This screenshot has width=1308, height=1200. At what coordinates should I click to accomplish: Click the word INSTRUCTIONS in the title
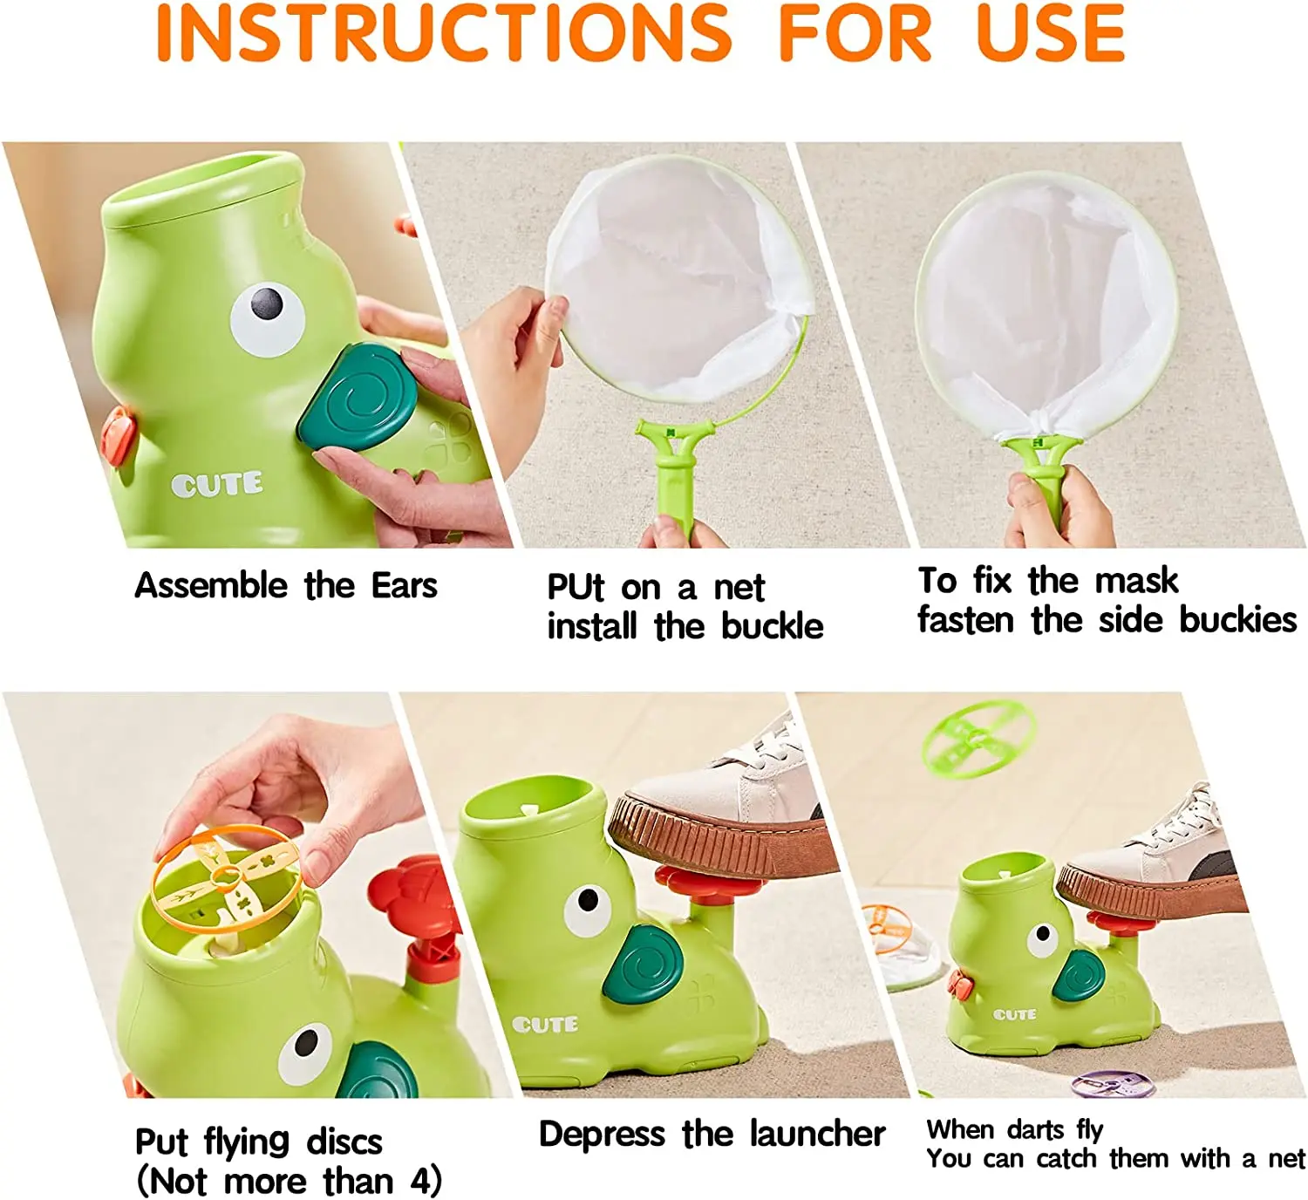[444, 33]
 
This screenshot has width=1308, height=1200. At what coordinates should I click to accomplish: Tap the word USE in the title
[1050, 33]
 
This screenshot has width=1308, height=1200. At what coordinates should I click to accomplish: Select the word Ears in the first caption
[404, 585]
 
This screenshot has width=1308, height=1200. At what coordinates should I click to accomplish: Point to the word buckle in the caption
[772, 626]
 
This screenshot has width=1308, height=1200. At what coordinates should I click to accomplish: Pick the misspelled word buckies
[1238, 620]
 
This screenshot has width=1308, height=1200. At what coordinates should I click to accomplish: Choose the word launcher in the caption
[817, 1134]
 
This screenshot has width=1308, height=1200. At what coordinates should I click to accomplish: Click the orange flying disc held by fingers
[227, 877]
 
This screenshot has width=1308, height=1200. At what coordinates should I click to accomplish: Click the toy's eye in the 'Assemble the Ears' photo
[267, 316]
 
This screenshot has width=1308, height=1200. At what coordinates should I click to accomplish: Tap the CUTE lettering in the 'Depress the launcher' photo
[545, 1024]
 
